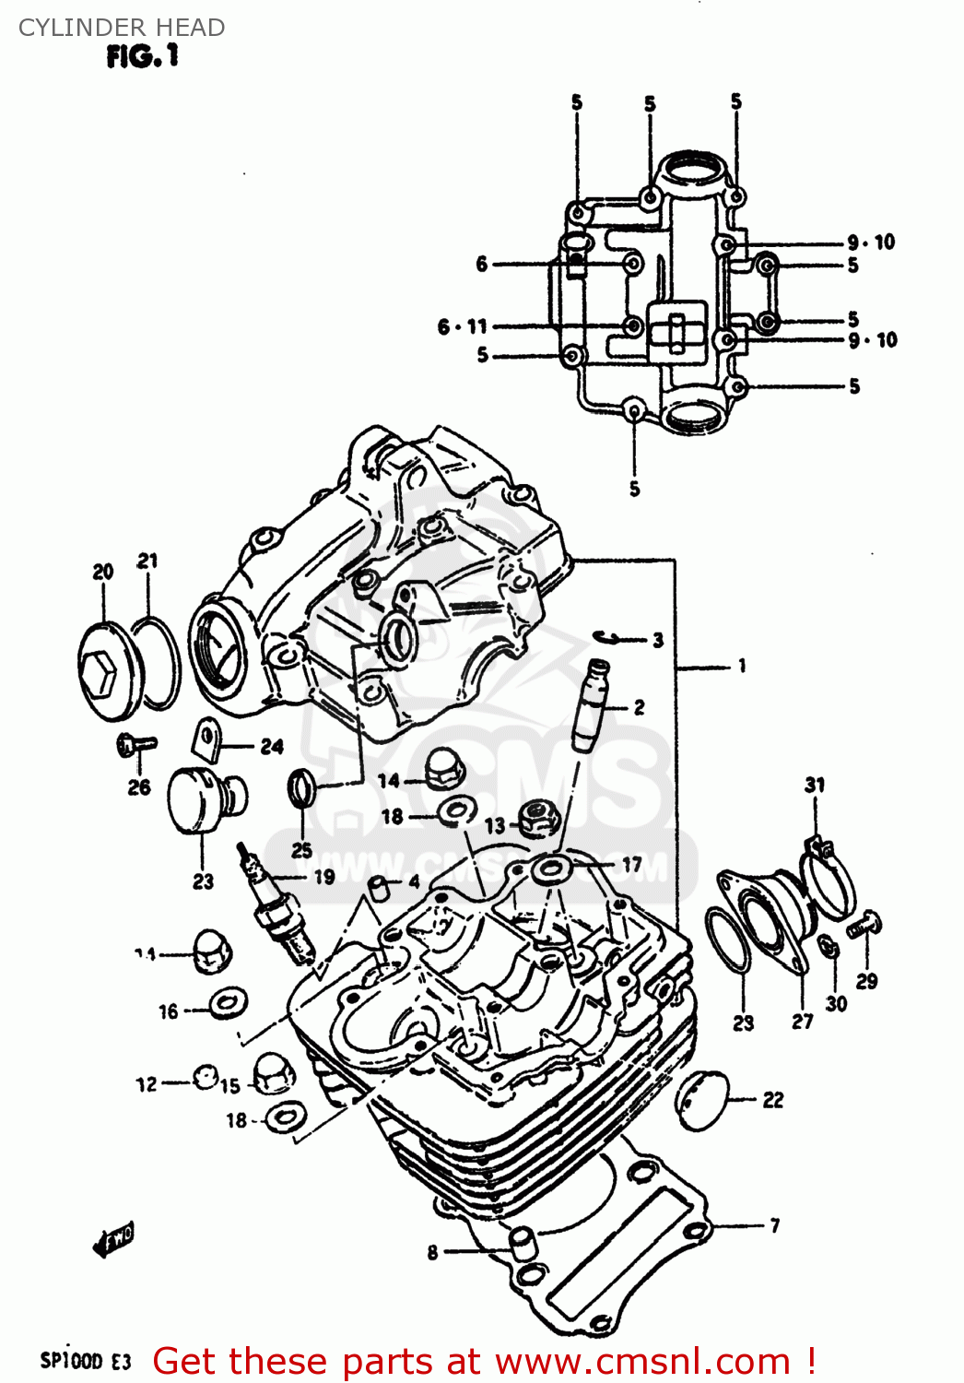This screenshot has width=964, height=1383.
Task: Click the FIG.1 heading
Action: coord(142,57)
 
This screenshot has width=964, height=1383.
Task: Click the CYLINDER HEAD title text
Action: coord(121,28)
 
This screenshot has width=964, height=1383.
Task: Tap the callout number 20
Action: coord(102,572)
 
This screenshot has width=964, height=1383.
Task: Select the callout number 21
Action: coord(147,561)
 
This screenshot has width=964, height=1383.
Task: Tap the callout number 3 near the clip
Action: coord(657,640)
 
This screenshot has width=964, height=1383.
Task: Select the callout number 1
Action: coord(742,666)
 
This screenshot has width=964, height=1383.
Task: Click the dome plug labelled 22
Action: coord(703,1100)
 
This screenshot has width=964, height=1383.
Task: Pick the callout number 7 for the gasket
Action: coord(774,1225)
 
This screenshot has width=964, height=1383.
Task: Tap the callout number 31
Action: coord(815,785)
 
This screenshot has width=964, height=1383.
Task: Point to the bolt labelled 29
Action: coord(864,924)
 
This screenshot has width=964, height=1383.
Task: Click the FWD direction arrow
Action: coord(113,1241)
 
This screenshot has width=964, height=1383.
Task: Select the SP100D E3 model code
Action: coord(86,1361)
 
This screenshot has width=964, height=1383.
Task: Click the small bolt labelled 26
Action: coord(135,744)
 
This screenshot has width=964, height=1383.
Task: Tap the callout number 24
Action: coord(271,746)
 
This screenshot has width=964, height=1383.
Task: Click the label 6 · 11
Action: coord(462,326)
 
